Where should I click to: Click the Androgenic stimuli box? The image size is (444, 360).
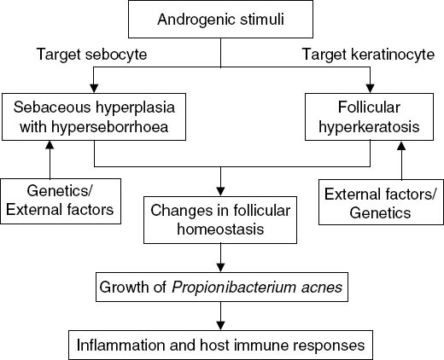[x=221, y=20]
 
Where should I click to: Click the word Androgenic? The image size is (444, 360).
[x=186, y=20]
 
